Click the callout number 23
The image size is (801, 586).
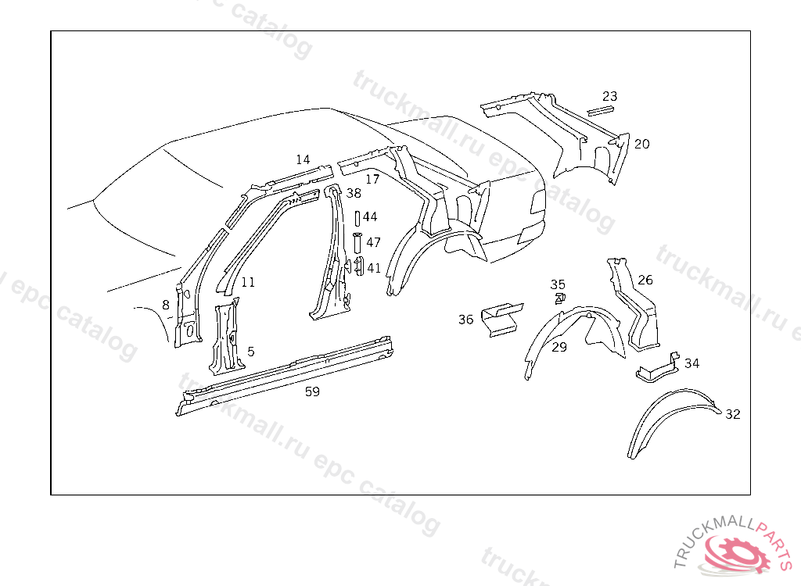click(x=610, y=96)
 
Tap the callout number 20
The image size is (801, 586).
click(x=641, y=144)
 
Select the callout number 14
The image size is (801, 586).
click(x=303, y=159)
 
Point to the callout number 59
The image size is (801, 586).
click(x=312, y=392)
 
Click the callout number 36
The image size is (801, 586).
click(x=466, y=320)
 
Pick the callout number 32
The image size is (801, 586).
click(x=732, y=414)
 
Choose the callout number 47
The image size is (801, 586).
click(x=374, y=243)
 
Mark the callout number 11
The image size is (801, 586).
click(x=248, y=282)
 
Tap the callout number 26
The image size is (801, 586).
click(x=645, y=280)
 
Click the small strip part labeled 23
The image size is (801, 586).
click(x=601, y=110)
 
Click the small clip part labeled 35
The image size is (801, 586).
click(x=559, y=298)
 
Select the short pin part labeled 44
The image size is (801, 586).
click(x=357, y=217)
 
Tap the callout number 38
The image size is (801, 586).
click(x=354, y=193)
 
